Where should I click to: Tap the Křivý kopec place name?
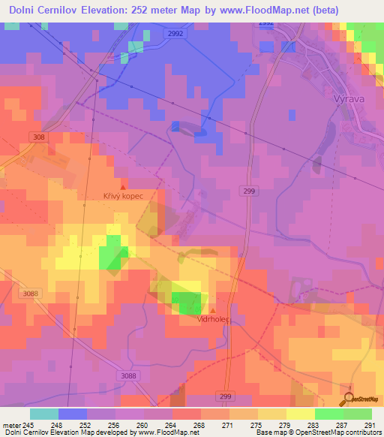pos(123,196)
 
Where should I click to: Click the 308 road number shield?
pos(39,137)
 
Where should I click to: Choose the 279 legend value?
pos(284,424)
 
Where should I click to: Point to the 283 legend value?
pos(313,424)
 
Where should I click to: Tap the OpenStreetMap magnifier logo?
pos(349,399)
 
